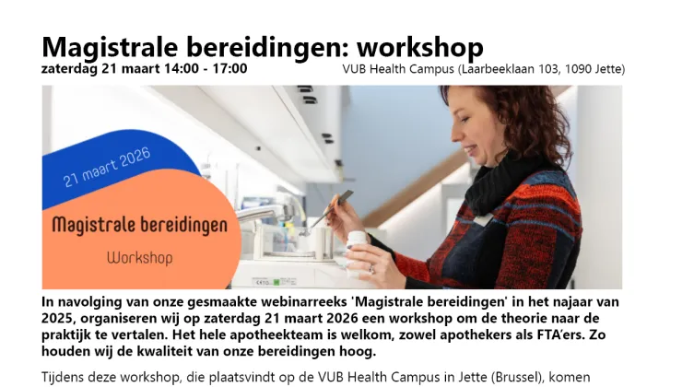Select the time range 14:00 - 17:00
pyautogui.click(x=201, y=69)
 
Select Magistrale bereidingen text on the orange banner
pyautogui.click(x=136, y=224)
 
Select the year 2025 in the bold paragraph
pyautogui.click(x=60, y=319)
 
